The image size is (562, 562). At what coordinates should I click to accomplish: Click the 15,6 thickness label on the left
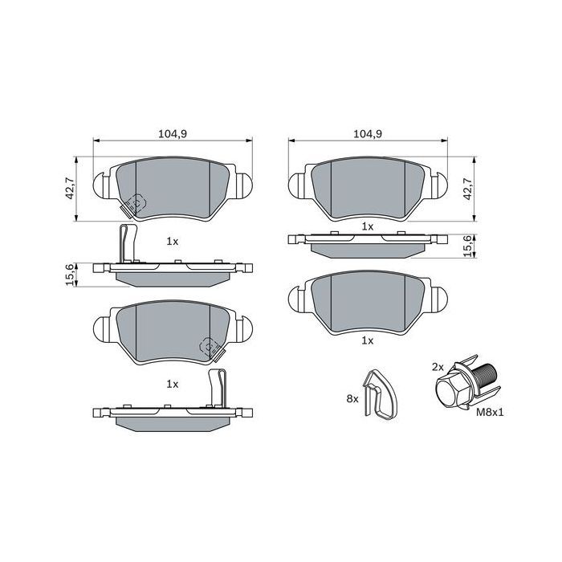(69, 274)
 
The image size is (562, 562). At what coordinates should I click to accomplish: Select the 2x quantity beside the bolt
(438, 366)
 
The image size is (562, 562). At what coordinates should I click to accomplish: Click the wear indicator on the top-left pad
(132, 205)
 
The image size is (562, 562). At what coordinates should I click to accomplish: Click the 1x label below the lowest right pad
(368, 340)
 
